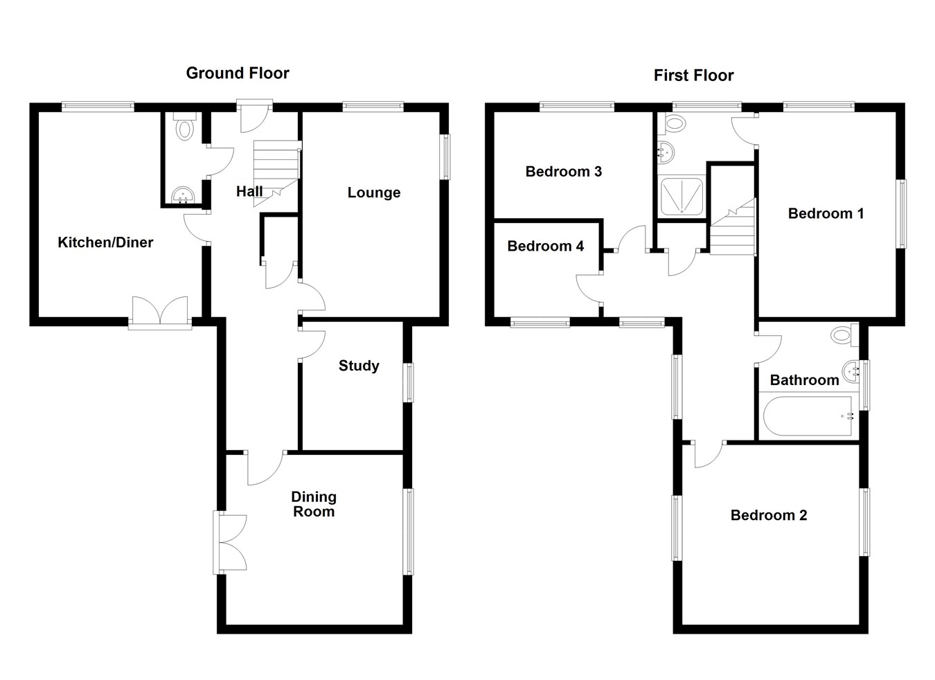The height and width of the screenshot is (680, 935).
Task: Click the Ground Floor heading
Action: click(x=238, y=73)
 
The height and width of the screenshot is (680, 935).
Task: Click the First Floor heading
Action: click(x=693, y=75)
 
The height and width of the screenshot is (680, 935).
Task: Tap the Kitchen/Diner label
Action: click(x=105, y=242)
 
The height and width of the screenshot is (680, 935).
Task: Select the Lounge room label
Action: click(x=374, y=193)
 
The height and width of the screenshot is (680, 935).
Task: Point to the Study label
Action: click(x=359, y=366)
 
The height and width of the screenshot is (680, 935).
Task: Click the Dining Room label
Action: click(x=314, y=504)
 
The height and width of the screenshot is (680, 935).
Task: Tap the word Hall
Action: click(x=249, y=191)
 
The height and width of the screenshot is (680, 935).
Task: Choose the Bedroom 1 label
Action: click(x=826, y=213)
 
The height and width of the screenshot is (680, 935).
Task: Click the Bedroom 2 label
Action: click(x=769, y=515)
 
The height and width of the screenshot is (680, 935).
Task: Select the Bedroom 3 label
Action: click(x=563, y=171)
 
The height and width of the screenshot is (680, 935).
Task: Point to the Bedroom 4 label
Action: click(x=545, y=246)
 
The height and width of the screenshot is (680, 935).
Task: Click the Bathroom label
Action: click(x=804, y=380)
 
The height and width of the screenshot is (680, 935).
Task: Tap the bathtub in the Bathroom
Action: click(x=808, y=416)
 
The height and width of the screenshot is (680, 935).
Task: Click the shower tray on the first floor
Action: click(x=683, y=196)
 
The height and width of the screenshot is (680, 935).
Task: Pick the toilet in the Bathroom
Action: click(x=841, y=335)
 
